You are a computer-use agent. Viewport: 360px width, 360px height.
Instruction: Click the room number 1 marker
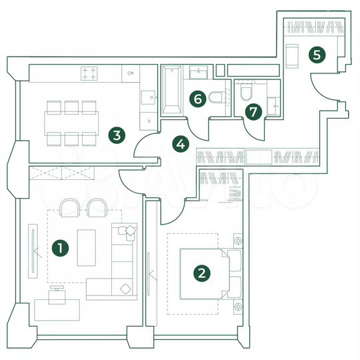tap(61, 249)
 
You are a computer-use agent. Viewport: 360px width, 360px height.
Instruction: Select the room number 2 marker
tap(200, 272)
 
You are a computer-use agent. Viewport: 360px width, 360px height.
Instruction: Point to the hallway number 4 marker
tap(180, 142)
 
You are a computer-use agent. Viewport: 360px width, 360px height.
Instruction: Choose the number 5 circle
tap(317, 54)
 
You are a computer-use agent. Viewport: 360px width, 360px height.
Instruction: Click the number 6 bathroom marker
tap(196, 99)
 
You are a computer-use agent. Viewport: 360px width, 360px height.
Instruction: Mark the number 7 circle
tap(252, 111)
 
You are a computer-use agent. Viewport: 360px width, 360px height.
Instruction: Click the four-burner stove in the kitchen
tap(89, 73)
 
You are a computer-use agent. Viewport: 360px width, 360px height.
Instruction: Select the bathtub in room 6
tap(172, 90)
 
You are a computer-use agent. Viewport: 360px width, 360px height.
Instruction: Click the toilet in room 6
tap(217, 98)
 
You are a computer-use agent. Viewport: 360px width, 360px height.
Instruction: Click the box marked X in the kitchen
tap(149, 121)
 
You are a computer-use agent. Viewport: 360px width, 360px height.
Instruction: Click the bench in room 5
tap(292, 55)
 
